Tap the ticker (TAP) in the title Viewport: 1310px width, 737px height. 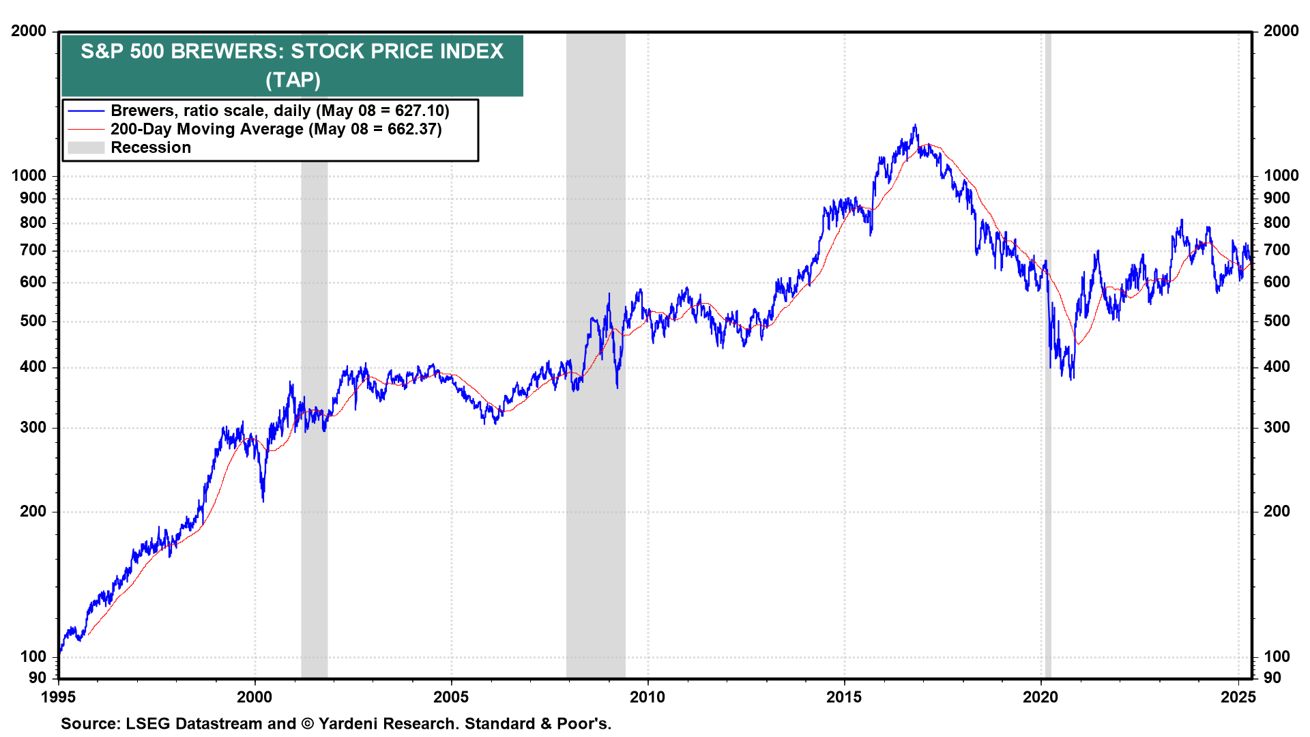[293, 80]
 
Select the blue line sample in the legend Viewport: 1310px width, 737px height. [86, 111]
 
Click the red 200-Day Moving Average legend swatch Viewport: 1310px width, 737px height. [86, 129]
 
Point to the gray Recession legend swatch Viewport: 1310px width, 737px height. [86, 147]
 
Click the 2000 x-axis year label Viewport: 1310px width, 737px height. [254, 697]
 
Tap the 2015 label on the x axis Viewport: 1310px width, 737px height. [844, 697]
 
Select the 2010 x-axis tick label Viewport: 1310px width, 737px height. [647, 697]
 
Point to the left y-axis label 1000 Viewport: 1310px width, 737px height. [29, 175]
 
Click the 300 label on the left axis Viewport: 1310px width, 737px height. [33, 427]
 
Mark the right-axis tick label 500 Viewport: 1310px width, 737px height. [1277, 321]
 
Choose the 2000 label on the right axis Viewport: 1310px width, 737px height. [1281, 31]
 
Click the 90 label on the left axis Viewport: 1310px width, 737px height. [38, 678]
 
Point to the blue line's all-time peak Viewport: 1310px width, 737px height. [915, 126]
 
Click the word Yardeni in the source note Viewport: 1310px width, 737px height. [353, 723]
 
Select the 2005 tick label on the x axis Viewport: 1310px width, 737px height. [451, 697]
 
